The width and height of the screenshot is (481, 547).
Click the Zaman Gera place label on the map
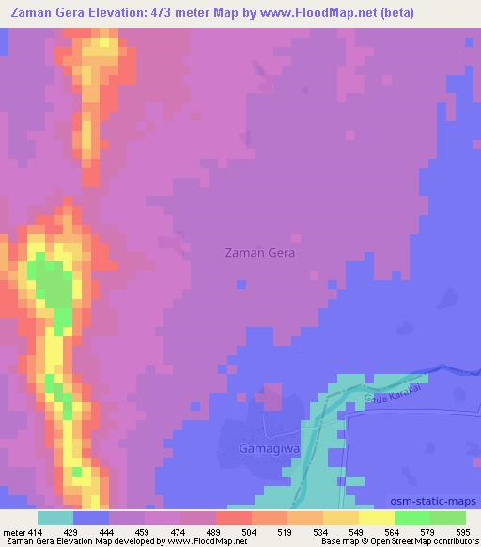[x=260, y=253]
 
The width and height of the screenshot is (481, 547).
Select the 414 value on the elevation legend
[x=38, y=531]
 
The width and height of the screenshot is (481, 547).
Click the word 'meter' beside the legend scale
[x=13, y=531]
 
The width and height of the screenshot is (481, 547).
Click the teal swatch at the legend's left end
[x=55, y=518]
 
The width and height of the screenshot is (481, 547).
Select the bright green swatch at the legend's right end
[x=447, y=518]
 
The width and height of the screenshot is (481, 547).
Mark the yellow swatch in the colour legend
[x=376, y=518]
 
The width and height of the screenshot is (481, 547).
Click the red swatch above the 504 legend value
[x=233, y=518]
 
